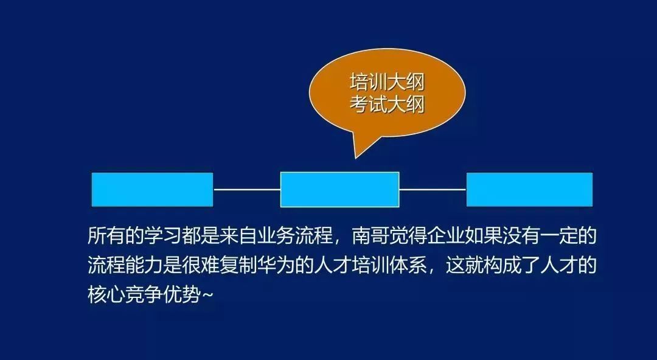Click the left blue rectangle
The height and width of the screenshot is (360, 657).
(x=152, y=190)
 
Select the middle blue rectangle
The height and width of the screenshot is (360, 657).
(x=339, y=190)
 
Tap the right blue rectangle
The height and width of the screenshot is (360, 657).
(x=529, y=190)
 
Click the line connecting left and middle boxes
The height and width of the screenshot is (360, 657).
(x=247, y=190)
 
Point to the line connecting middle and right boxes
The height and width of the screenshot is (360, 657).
(x=433, y=190)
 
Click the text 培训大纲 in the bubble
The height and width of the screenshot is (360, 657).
(x=387, y=83)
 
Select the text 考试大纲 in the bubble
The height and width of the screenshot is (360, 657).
(x=387, y=105)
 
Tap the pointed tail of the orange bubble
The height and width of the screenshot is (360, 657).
(x=356, y=159)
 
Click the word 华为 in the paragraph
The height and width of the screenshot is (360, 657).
(x=276, y=265)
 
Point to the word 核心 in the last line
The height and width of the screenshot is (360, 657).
(x=107, y=294)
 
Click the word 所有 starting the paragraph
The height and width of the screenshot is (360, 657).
(x=107, y=236)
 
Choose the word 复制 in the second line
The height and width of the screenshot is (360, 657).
(x=238, y=265)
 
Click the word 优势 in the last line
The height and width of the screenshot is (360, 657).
(x=182, y=294)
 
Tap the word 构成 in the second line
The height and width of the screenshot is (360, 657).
(x=501, y=265)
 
